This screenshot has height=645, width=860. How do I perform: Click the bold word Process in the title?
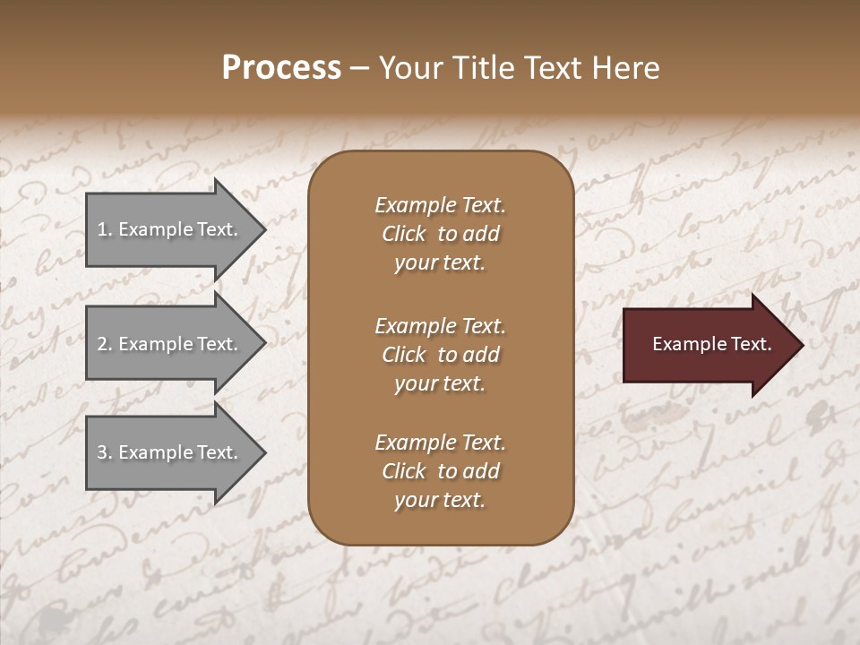(281, 68)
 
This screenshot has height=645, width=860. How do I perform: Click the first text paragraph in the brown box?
(440, 234)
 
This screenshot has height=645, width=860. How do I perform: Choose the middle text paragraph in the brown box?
(440, 355)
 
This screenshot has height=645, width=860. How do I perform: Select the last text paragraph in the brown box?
(440, 471)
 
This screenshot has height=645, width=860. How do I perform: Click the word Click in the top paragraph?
(404, 234)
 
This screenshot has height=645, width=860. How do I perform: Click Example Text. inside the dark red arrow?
(711, 344)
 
